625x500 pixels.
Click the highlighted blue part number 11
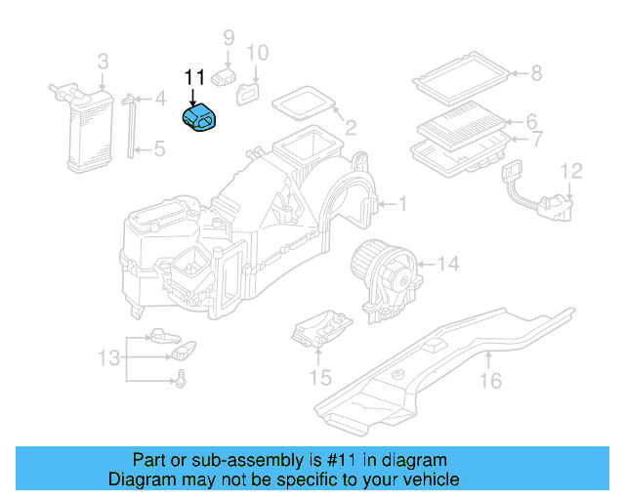pyautogui.click(x=201, y=120)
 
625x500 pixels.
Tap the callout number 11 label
pyautogui.click(x=193, y=77)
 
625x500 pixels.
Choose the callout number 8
pyautogui.click(x=535, y=72)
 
